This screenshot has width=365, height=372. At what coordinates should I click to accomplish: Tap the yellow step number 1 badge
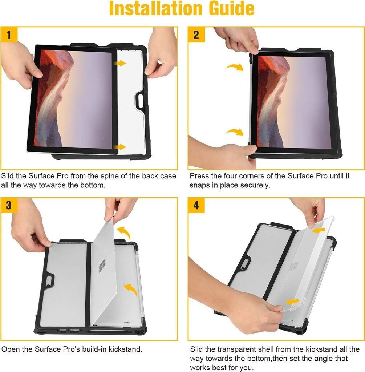point(9,35)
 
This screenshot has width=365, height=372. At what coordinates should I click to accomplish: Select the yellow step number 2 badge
point(196,35)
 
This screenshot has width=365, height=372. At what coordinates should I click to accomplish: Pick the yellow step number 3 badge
point(9,205)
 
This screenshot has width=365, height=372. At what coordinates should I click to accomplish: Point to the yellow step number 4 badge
point(196,205)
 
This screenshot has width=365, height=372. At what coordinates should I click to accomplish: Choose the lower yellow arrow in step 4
point(292,302)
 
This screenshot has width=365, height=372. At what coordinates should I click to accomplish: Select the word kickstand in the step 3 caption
point(125,349)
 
